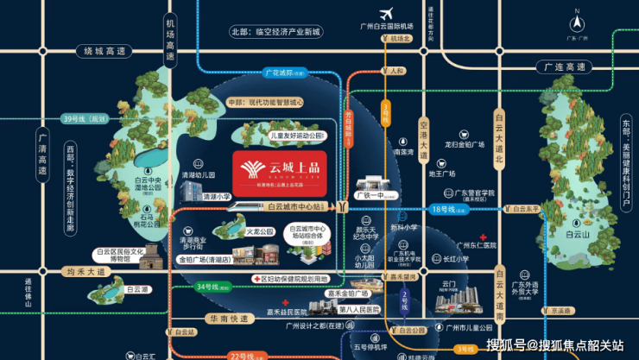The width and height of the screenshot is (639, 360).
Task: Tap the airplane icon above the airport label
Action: point(386,12)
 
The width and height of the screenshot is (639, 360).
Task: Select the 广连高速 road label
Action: point(560,66)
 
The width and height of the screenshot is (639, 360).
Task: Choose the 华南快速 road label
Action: point(230,318)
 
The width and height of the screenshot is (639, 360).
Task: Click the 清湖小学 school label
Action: point(217,196)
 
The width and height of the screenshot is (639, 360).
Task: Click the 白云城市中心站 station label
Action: point(295,207)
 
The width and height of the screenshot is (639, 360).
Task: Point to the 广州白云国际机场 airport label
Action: point(386,27)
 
